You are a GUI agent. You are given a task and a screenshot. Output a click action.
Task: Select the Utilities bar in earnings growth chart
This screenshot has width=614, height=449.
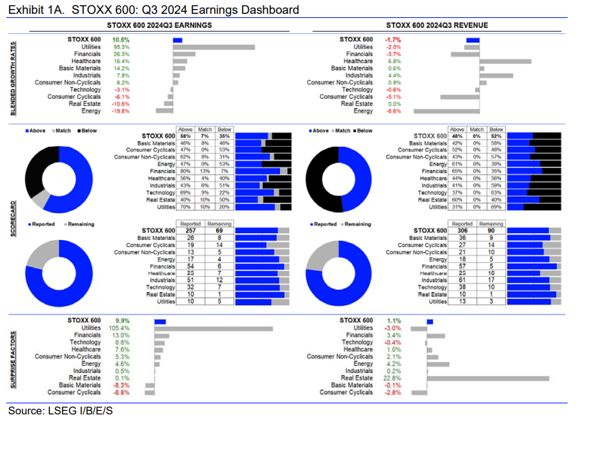[213, 47]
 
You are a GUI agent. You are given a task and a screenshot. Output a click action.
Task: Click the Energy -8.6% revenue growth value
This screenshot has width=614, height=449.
[392, 111]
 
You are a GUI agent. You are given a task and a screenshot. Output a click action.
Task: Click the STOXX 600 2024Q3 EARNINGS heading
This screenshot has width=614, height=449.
[168, 25]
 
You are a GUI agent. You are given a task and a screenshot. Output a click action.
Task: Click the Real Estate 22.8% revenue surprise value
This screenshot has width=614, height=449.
[393, 378]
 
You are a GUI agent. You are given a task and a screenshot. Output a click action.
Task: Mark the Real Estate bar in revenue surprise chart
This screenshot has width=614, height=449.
[488, 378]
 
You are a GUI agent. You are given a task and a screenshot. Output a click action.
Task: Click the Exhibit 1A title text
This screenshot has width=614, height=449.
[152, 10]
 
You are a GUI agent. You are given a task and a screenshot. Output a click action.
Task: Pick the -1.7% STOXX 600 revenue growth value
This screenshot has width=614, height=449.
[392, 39]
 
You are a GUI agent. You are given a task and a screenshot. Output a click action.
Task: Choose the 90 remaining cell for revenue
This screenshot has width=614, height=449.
[491, 230]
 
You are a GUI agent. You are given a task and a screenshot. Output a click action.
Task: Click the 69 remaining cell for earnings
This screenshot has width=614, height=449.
[218, 230]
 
